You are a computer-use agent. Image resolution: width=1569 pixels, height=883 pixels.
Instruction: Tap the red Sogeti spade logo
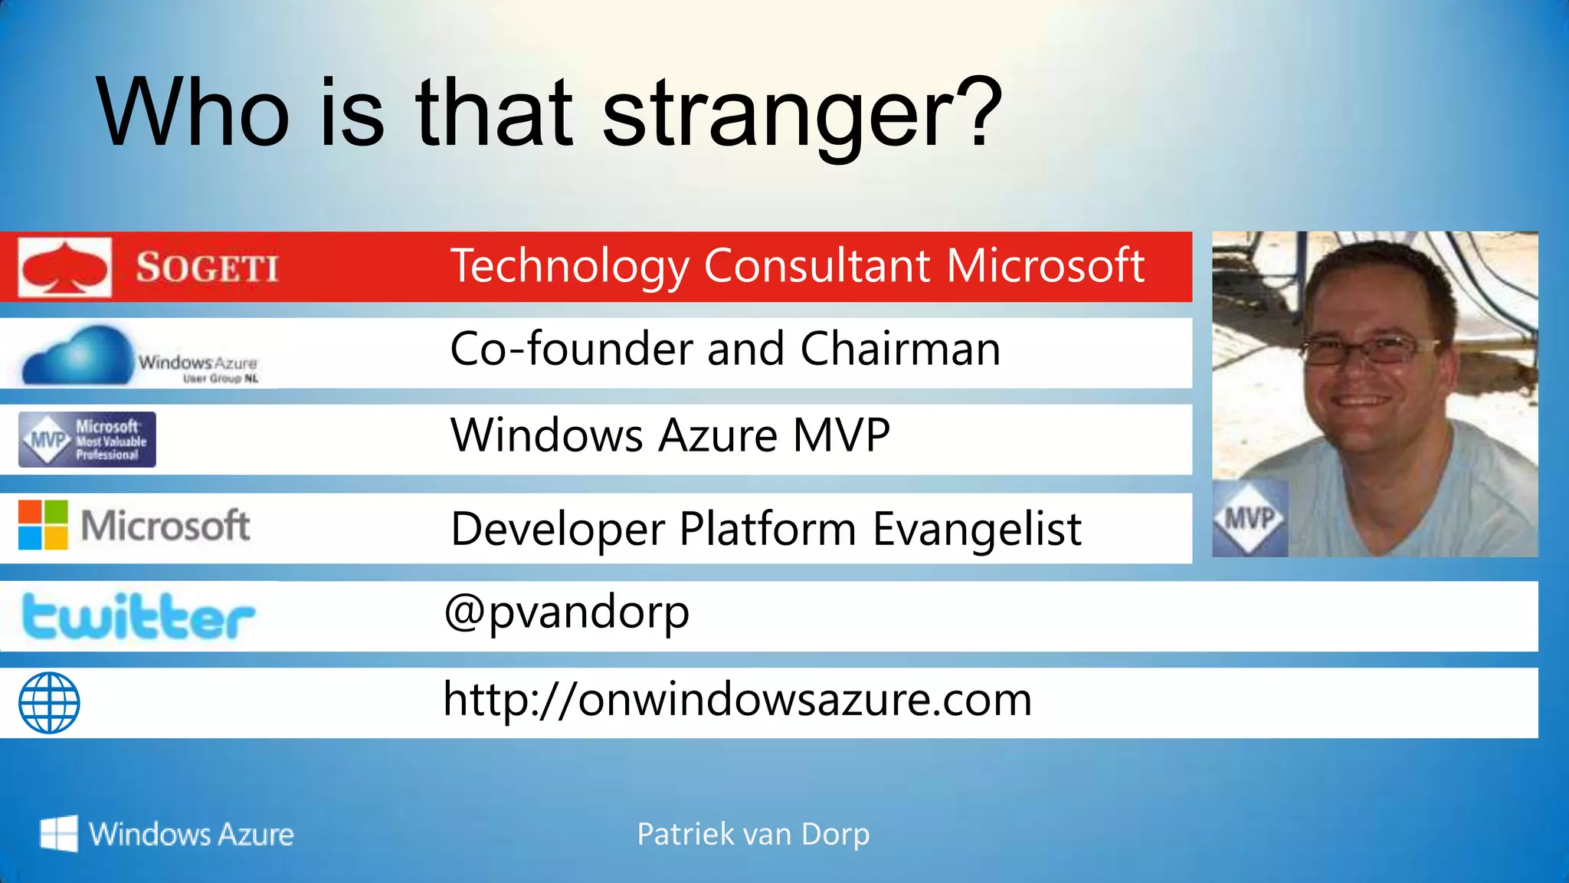[x=64, y=267]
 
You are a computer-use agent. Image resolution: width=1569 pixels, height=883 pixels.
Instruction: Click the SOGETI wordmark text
[x=207, y=268]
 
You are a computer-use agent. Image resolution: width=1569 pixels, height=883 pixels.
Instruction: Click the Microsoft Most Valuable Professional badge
[x=87, y=440]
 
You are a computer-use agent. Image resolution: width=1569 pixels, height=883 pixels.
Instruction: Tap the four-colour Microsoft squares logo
[x=43, y=526]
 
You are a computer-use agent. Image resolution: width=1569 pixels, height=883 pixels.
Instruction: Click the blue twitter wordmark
[x=138, y=616]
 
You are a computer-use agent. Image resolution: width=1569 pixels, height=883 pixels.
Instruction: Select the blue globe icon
[x=49, y=703]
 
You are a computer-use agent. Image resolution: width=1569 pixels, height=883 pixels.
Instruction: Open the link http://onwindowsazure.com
[x=737, y=700]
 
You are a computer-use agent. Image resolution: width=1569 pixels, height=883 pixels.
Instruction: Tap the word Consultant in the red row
[x=817, y=266]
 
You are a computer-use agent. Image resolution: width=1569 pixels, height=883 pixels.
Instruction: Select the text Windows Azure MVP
[x=670, y=436]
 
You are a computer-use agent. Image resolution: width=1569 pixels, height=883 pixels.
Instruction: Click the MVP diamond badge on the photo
[x=1249, y=520]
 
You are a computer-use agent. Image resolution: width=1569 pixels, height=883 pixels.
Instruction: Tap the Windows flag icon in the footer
[x=58, y=833]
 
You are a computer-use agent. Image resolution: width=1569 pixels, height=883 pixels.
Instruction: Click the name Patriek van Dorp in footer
[x=753, y=834]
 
